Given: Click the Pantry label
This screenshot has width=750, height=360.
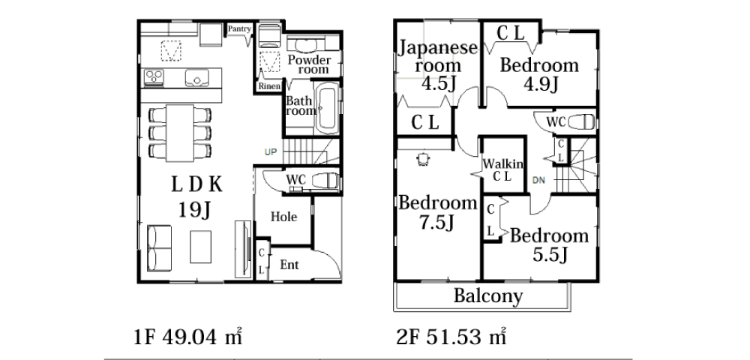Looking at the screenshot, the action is [x=239, y=29].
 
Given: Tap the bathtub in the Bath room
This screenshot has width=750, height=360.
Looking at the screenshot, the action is [x=328, y=108].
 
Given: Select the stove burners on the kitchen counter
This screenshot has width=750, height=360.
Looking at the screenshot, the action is [x=154, y=77].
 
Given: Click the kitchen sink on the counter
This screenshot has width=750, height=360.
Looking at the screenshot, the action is [x=196, y=77].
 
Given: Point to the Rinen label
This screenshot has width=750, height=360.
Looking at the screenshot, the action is [x=269, y=86].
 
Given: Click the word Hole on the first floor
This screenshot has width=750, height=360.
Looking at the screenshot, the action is [x=284, y=217].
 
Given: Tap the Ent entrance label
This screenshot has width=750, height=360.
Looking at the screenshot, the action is [x=289, y=265].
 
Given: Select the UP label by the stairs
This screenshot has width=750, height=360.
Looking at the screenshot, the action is [x=271, y=152].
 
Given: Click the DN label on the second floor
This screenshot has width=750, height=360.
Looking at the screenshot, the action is [x=538, y=180].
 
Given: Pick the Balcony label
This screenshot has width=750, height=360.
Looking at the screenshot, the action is [x=488, y=296].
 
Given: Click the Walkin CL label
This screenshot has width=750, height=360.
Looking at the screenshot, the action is [x=502, y=169].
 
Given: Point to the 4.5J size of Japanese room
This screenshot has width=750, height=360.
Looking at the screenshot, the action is [x=438, y=84].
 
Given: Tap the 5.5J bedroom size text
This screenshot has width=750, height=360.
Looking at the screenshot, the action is [x=550, y=255].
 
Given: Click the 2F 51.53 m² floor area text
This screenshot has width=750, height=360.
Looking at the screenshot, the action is [x=451, y=337].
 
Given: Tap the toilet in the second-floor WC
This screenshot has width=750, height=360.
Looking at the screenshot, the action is [x=581, y=122].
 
